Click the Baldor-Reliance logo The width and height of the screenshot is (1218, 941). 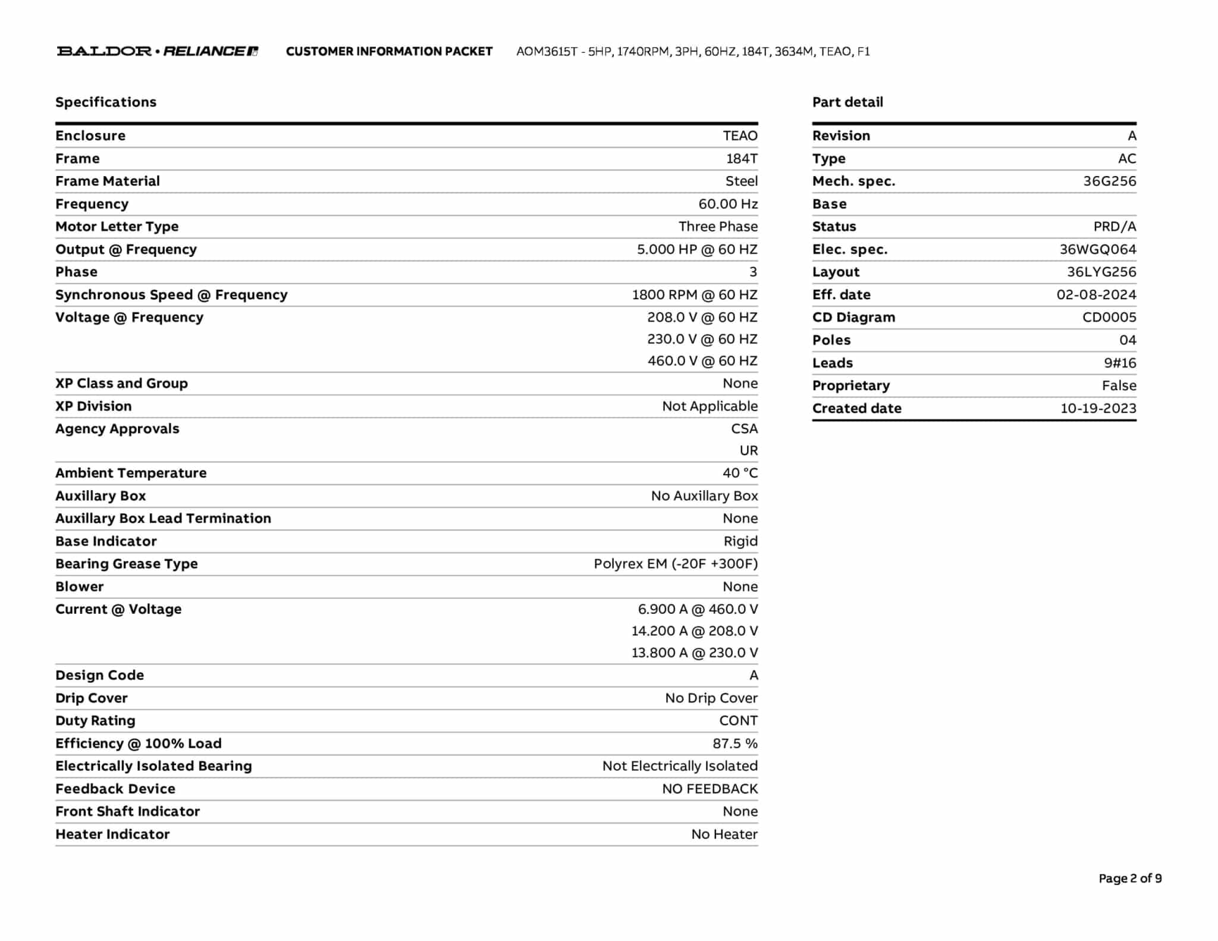(x=157, y=51)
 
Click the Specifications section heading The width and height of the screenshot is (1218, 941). (x=106, y=102)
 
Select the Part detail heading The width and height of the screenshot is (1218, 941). (x=847, y=102)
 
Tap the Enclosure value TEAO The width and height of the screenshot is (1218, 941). (x=740, y=136)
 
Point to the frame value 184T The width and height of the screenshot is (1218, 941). (x=742, y=159)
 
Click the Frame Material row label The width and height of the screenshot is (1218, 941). (x=108, y=181)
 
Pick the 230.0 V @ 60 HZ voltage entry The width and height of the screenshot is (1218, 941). (x=702, y=339)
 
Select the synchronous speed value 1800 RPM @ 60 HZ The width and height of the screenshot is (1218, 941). (x=695, y=295)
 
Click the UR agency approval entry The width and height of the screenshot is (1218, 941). (x=749, y=451)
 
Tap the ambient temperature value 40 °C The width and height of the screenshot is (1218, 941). (x=740, y=473)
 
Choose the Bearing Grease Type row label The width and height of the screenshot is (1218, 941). (x=127, y=564)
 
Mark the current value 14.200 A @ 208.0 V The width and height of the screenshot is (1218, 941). (x=695, y=631)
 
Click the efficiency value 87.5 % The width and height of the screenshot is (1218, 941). (x=735, y=744)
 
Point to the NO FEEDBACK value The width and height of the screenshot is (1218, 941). (x=710, y=789)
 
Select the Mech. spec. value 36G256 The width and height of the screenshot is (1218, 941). (x=1109, y=181)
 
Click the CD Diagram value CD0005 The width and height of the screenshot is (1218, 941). (x=1109, y=318)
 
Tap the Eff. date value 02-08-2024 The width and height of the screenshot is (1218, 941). (x=1096, y=295)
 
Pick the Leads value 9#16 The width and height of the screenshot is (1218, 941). (x=1120, y=363)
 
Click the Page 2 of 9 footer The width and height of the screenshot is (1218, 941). (x=1130, y=879)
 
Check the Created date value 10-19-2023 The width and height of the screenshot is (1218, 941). (x=1098, y=409)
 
